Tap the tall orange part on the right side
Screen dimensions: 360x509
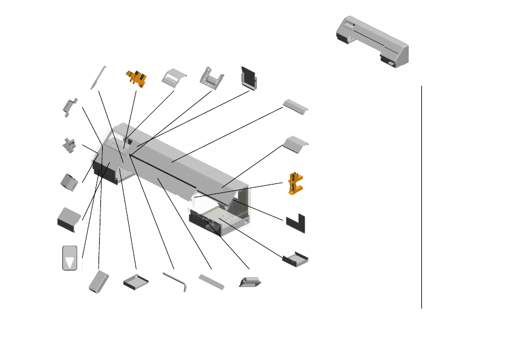click(x=295, y=183)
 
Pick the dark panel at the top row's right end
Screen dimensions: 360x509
click(x=249, y=77)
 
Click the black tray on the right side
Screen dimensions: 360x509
click(x=296, y=260)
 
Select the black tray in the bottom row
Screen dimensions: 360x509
click(x=136, y=282)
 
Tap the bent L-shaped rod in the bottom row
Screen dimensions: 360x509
click(x=175, y=281)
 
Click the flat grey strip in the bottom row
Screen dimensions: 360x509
click(x=212, y=282)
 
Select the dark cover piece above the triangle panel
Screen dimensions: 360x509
click(x=69, y=219)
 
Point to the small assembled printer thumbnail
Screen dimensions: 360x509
click(x=372, y=42)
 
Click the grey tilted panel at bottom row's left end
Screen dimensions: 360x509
click(x=98, y=282)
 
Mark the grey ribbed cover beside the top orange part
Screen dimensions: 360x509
click(x=174, y=77)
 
